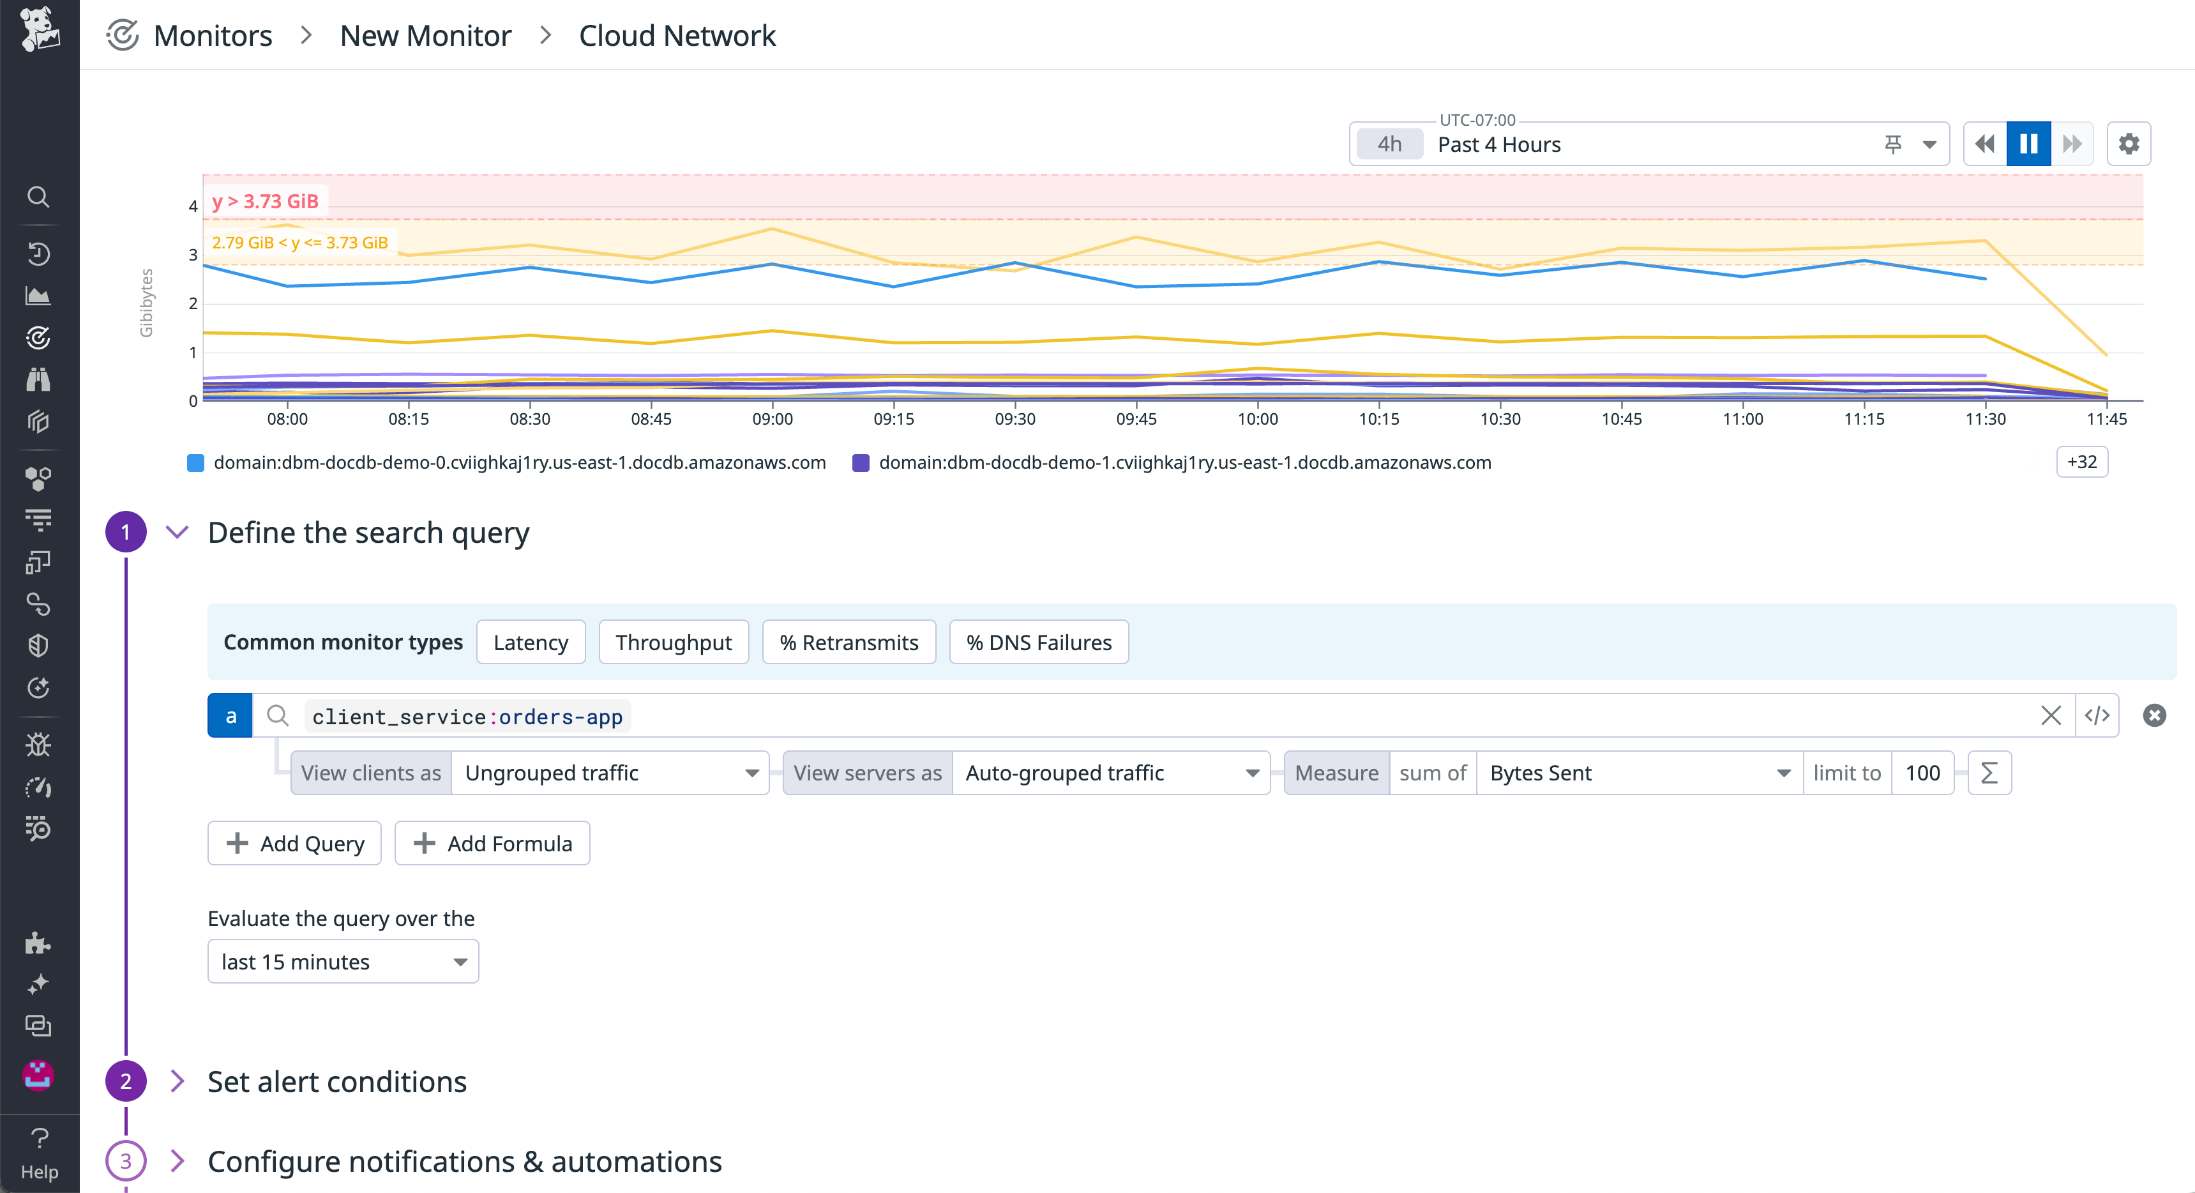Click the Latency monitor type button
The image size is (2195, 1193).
[530, 642]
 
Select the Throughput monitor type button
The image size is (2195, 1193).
[673, 642]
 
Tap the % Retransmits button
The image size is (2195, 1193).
[849, 642]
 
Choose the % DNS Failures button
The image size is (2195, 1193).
[1039, 642]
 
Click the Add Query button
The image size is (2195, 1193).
[295, 844]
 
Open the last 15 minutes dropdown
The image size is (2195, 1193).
[343, 962]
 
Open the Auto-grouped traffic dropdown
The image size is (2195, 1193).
[1110, 773]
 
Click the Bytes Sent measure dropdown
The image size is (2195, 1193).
[1638, 773]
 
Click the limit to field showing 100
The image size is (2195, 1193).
[1922, 773]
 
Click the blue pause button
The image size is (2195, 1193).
[2028, 144]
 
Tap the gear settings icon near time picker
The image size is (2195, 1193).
[2129, 144]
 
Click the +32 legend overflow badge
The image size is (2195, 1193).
[2081, 462]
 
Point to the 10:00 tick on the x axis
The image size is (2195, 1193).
[1258, 418]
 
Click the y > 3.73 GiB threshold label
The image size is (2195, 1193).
[265, 201]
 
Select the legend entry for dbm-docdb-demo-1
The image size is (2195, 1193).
[1184, 463]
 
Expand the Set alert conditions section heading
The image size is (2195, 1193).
[336, 1081]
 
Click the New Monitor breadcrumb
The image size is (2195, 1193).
[425, 36]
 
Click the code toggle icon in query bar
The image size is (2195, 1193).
[2097, 716]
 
